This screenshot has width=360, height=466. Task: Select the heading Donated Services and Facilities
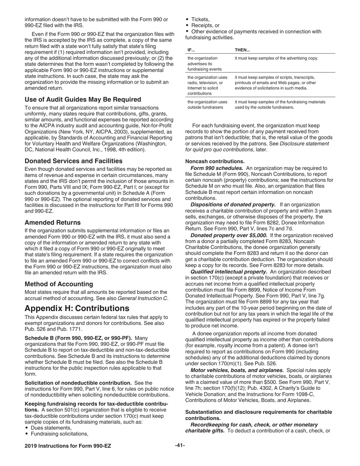point(74,161)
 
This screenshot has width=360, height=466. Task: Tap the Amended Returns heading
point(53,222)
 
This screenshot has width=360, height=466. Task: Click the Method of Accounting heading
point(59,284)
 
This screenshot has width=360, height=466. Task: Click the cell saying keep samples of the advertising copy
point(277,58)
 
